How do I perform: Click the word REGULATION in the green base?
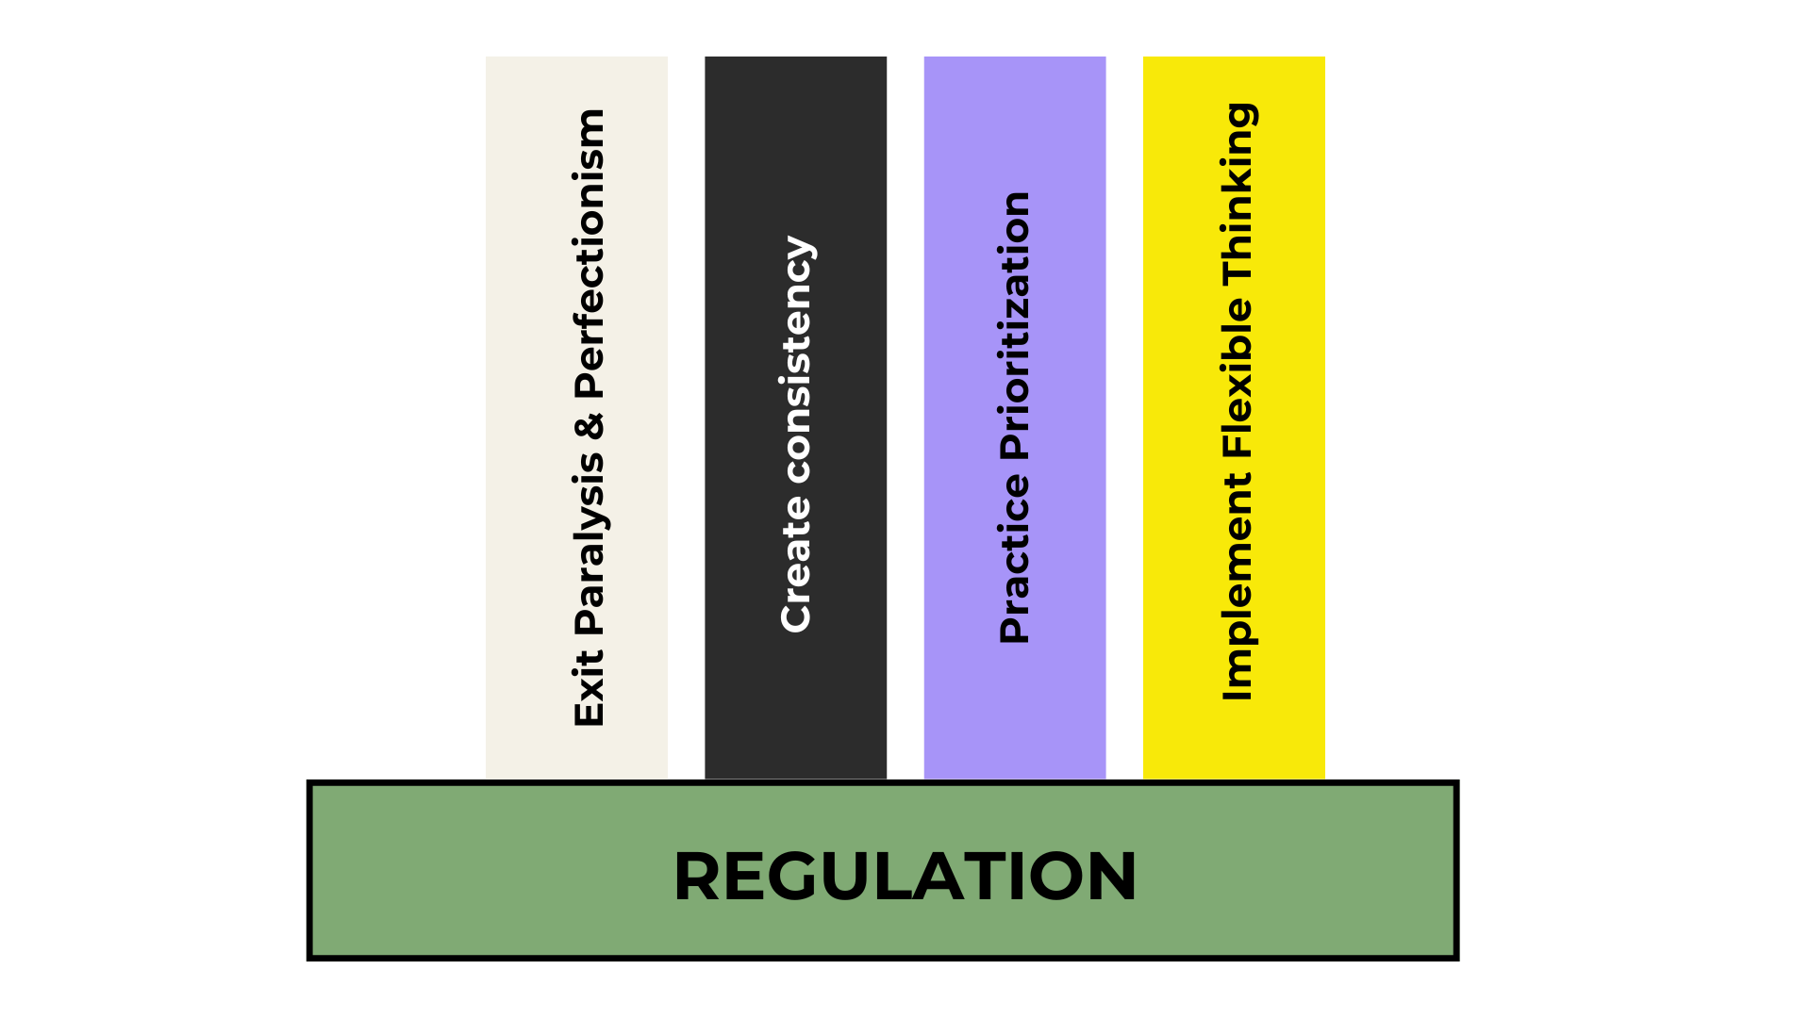tap(905, 877)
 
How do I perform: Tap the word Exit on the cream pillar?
tap(590, 688)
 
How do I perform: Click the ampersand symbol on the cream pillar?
tap(590, 427)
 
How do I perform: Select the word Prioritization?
tap(1016, 326)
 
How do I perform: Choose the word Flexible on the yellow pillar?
tap(1237, 378)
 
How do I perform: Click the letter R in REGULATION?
tap(699, 877)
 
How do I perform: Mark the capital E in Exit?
tap(590, 712)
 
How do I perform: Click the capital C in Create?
tap(796, 616)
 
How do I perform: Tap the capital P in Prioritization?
tap(1015, 444)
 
